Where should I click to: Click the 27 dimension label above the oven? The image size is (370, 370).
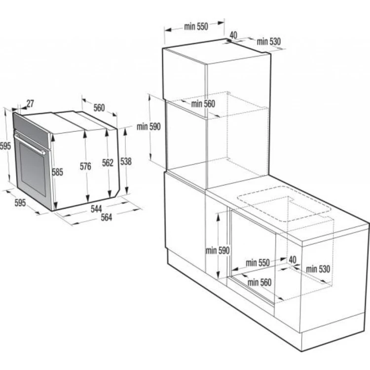pyautogui.click(x=30, y=104)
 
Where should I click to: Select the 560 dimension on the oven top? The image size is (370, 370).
pyautogui.click(x=99, y=108)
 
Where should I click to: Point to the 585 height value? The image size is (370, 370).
pyautogui.click(x=58, y=172)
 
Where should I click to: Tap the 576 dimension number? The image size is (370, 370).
pyautogui.click(x=85, y=167)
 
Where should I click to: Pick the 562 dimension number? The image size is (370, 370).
pyautogui.click(x=108, y=163)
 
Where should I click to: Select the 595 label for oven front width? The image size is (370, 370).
pyautogui.click(x=20, y=202)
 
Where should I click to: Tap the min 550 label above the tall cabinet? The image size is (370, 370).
pyautogui.click(x=196, y=27)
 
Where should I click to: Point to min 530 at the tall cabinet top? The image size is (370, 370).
pyautogui.click(x=268, y=42)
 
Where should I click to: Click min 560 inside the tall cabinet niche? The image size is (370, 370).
pyautogui.click(x=203, y=104)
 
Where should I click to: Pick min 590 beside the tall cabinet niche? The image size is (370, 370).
pyautogui.click(x=149, y=127)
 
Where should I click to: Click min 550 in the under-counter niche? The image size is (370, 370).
pyautogui.click(x=258, y=262)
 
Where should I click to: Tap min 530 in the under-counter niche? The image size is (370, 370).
pyautogui.click(x=318, y=269)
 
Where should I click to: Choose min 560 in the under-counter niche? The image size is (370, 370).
pyautogui.click(x=259, y=282)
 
